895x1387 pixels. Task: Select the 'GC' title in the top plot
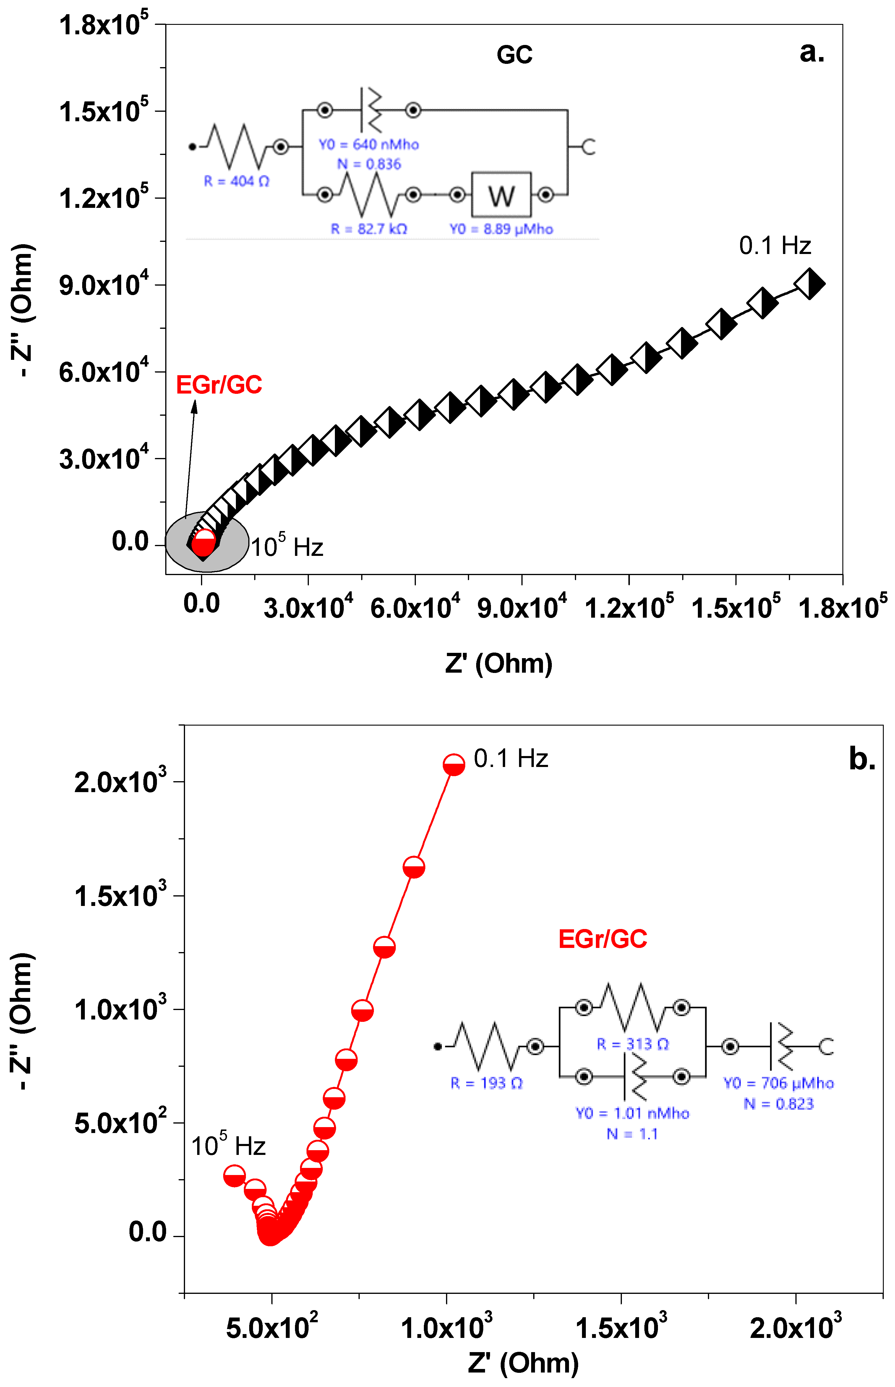coord(514,55)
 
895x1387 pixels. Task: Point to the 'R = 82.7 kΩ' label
coord(369,229)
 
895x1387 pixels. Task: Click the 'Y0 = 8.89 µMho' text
coord(501,229)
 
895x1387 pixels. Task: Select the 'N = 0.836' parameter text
coord(369,164)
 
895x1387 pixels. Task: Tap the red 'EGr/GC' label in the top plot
coord(219,385)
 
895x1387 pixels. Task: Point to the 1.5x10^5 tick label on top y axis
coord(103,111)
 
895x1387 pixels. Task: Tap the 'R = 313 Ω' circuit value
coord(633,1044)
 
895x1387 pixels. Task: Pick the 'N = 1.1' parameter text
coord(632,1134)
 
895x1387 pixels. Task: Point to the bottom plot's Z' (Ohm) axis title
coord(523,1362)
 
